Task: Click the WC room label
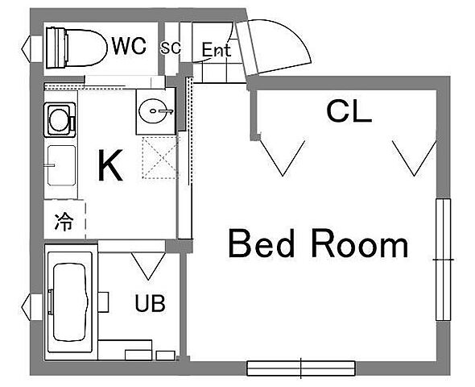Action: pos(129,46)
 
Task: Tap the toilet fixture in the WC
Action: pos(76,48)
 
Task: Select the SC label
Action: pos(171,48)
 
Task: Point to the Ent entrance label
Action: pos(217,50)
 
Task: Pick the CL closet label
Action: pos(349,111)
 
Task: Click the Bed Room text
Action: pos(318,243)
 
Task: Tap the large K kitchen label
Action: pos(110,165)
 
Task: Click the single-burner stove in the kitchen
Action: pos(60,119)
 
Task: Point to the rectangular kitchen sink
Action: pos(61,165)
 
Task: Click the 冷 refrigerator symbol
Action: pos(64,222)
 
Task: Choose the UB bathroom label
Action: pos(151,304)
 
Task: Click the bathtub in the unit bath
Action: pos(70,302)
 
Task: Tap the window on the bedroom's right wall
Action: pos(443,260)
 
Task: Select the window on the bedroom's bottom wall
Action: pos(301,368)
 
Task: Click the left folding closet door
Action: pos(283,157)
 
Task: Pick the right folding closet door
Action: pos(415,158)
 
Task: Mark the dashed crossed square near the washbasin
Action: pos(159,157)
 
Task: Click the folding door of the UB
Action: pos(148,266)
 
